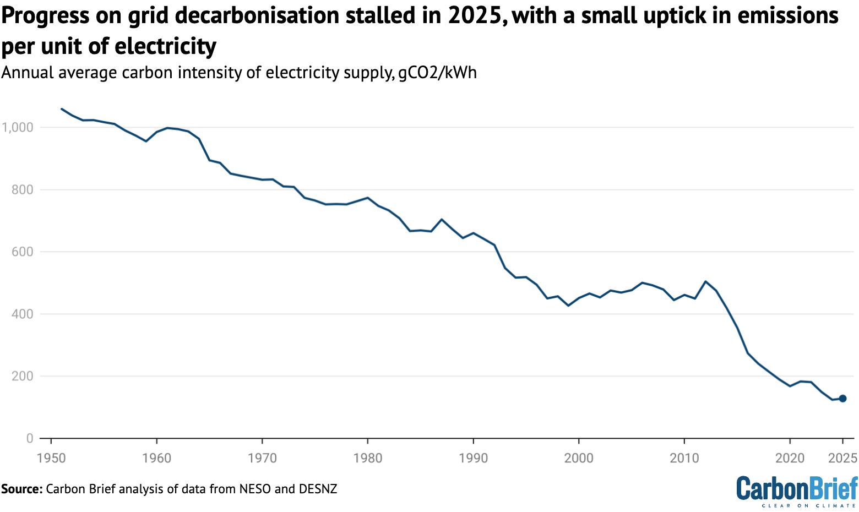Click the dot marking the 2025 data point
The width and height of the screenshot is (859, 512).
842,398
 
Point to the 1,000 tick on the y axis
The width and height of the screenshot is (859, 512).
18,127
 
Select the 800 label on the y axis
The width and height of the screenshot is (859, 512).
22,189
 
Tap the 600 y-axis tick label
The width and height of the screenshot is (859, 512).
22,252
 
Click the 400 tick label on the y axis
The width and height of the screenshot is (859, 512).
22,314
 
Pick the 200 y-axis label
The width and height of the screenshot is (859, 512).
22,376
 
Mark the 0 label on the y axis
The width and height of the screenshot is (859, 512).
29,438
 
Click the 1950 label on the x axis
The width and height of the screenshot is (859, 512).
51,457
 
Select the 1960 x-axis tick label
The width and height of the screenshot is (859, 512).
156,457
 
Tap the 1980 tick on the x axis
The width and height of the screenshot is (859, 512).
368,457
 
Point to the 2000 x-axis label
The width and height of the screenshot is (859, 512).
579,457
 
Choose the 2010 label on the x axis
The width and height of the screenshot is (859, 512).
684,457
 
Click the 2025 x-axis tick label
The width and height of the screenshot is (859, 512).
842,457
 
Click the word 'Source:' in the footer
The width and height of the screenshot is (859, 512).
21,489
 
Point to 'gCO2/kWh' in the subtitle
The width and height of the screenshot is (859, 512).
437,73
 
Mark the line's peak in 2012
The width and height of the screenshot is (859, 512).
705,281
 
